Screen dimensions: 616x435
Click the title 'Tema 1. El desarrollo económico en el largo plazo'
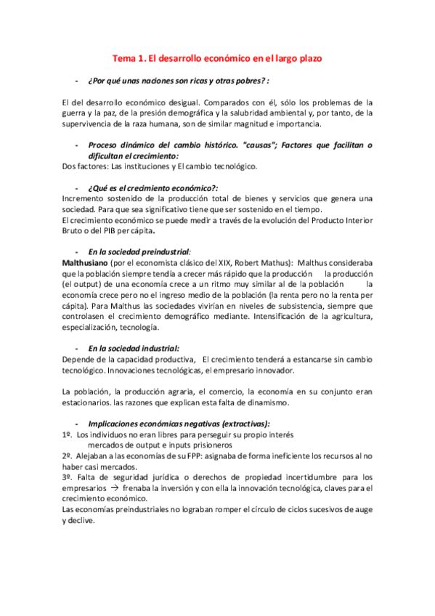coord(217,57)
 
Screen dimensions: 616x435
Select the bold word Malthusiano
coord(87,262)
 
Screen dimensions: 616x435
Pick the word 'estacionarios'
coord(89,402)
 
